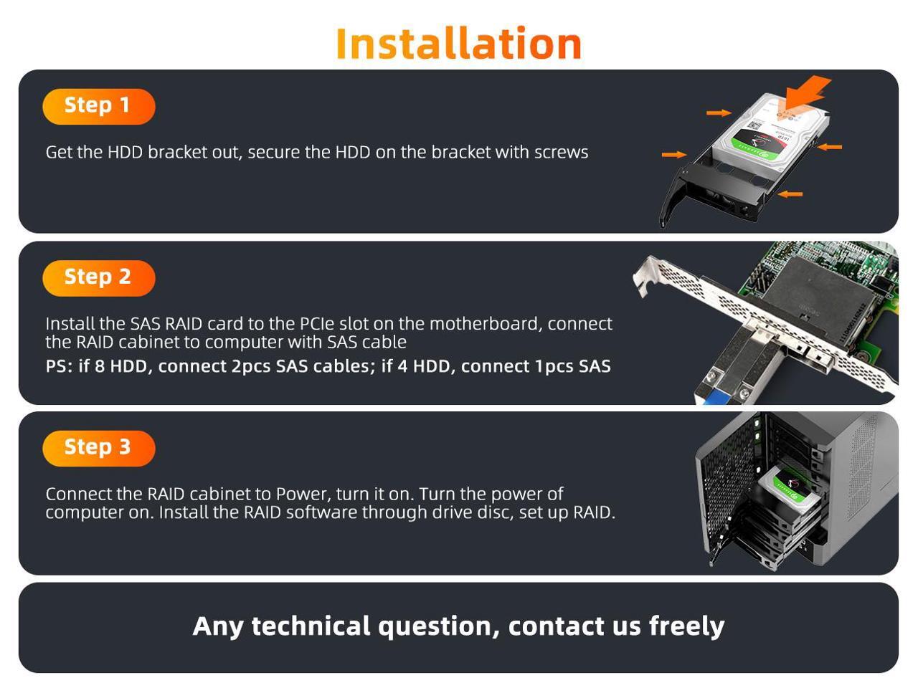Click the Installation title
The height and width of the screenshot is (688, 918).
point(458,44)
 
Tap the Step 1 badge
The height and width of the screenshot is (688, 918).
point(99,107)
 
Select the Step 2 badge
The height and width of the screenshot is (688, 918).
point(99,278)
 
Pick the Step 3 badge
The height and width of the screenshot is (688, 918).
point(99,449)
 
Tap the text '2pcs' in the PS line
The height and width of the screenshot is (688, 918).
point(250,366)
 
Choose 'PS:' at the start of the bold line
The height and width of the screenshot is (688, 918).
point(59,366)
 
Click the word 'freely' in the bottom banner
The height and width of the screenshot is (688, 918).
point(686,627)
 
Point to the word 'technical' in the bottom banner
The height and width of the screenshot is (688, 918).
point(311,626)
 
